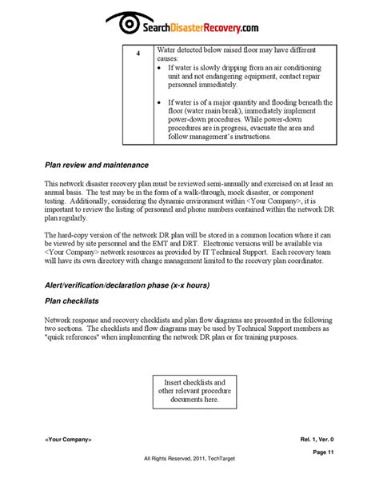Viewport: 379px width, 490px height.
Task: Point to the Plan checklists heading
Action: click(78, 302)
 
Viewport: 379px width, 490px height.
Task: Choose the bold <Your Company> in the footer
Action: click(69, 440)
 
